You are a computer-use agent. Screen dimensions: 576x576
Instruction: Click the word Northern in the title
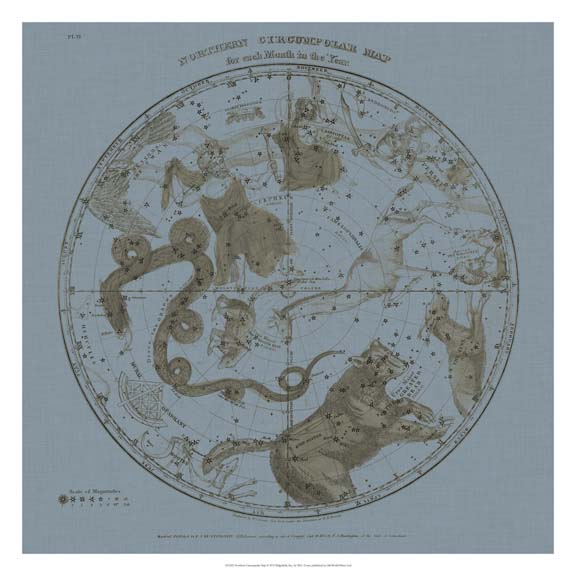pyautogui.click(x=213, y=54)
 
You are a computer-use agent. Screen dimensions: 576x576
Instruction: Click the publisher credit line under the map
pyautogui.click(x=290, y=510)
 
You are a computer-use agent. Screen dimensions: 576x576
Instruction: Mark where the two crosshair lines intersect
pyautogui.click(x=289, y=291)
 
